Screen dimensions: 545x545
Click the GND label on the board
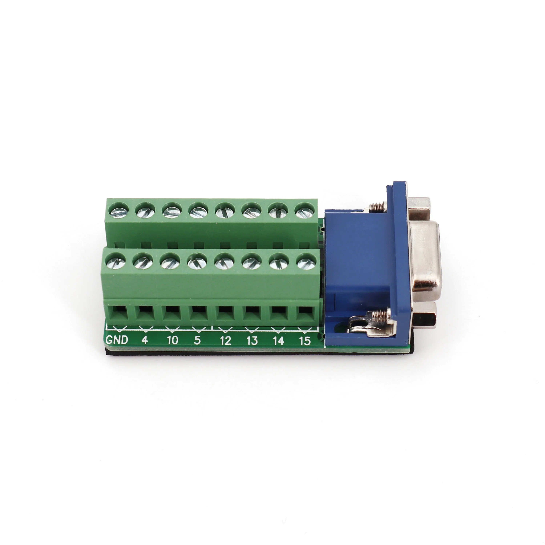pos(117,340)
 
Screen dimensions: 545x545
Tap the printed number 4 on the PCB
pos(144,340)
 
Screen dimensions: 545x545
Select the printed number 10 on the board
pos(172,340)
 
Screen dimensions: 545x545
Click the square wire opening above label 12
pos(225,312)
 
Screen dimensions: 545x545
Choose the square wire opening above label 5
pos(199,312)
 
